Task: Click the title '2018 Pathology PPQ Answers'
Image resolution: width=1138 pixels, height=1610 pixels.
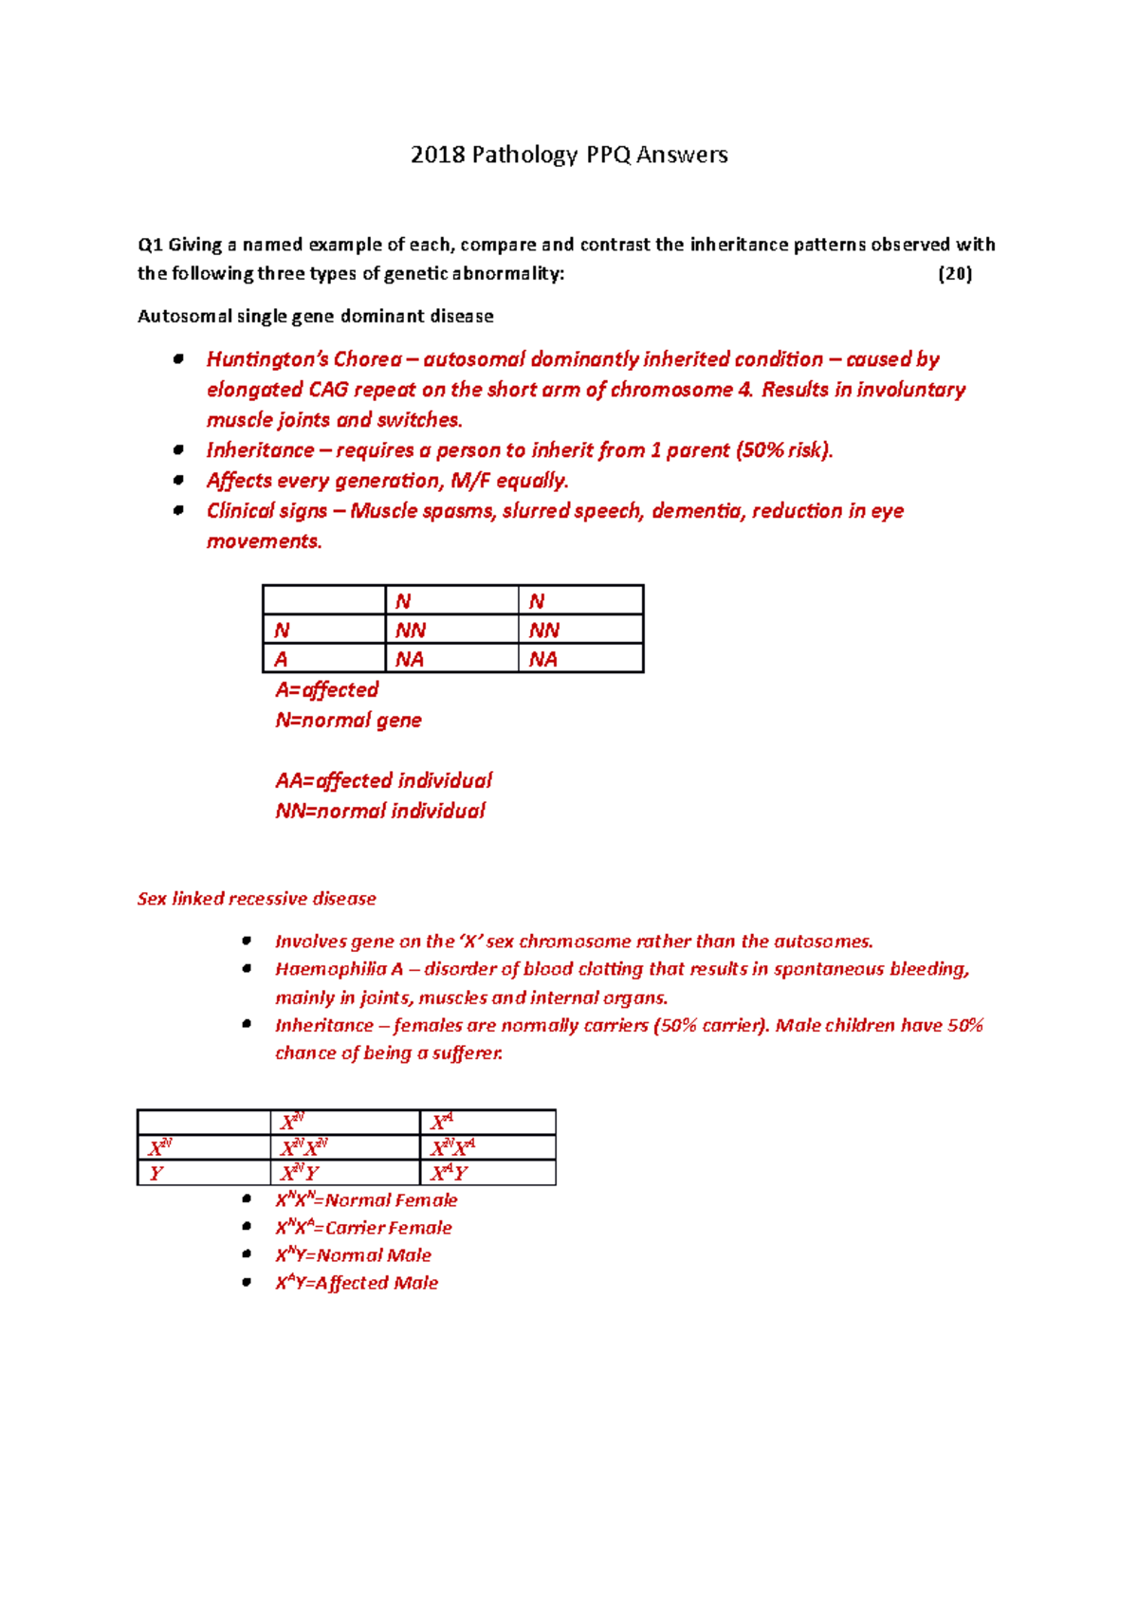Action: click(569, 155)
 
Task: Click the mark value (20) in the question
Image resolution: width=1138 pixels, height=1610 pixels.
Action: click(954, 274)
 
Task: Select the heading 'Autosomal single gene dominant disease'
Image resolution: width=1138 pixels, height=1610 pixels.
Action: click(315, 317)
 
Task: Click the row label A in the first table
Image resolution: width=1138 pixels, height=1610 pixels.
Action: click(281, 660)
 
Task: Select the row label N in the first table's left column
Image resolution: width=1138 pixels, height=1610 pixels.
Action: click(282, 631)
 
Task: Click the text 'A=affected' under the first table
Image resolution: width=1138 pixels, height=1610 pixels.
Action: click(326, 690)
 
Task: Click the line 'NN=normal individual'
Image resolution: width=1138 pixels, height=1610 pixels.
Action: click(379, 812)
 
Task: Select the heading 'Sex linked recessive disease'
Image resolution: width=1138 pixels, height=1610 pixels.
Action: click(256, 899)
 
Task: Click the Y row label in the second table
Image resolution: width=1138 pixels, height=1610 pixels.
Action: click(156, 1174)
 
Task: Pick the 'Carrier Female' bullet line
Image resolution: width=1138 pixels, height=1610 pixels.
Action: click(363, 1228)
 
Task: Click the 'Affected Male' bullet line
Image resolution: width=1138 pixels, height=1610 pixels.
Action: click(357, 1283)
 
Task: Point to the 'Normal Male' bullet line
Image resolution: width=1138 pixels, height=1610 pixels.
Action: click(353, 1255)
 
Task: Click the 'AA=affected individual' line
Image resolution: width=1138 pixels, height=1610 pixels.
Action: click(383, 781)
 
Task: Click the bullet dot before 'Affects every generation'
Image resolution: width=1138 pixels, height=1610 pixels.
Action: click(178, 481)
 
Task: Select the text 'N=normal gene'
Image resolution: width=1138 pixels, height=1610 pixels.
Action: click(348, 721)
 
